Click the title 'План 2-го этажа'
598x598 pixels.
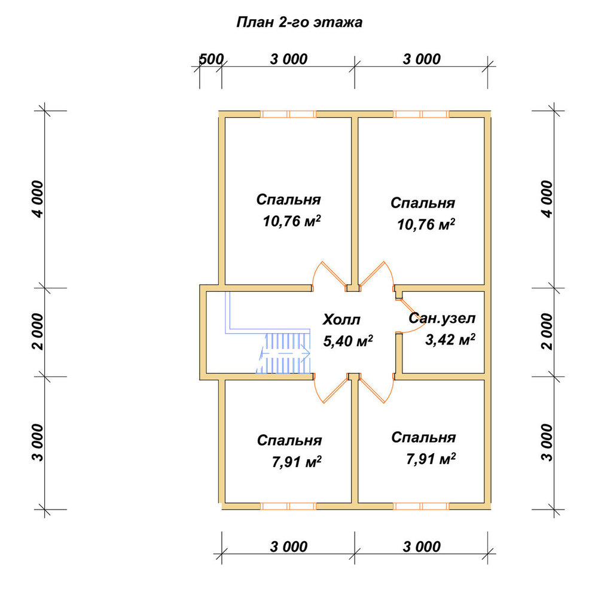point(300,23)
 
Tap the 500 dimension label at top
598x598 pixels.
point(211,59)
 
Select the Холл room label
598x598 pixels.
point(341,319)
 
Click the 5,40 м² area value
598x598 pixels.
point(348,341)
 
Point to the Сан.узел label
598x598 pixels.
point(442,318)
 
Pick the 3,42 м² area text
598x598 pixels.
point(450,339)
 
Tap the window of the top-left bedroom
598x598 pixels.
point(288,114)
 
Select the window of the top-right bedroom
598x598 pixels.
point(421,114)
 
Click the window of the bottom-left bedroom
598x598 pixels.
point(288,506)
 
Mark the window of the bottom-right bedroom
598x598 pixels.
point(421,506)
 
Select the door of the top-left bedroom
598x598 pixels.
point(329,275)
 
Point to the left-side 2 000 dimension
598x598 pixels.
point(38,331)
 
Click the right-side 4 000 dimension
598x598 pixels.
point(547,199)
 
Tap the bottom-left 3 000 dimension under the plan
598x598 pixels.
point(289,547)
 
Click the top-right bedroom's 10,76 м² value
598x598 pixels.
point(426,224)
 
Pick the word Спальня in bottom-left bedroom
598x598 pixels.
point(289,440)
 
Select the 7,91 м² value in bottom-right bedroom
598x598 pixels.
point(431,459)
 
